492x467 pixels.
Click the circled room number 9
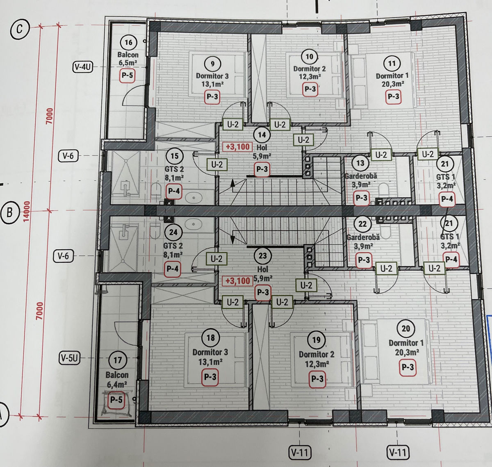(212, 64)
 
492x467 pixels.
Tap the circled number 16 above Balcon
(128, 43)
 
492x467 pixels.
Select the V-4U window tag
(82, 67)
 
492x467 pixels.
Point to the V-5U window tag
(70, 358)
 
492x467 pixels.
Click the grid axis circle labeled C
(20, 29)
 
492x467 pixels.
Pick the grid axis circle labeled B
(10, 212)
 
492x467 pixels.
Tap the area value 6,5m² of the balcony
(128, 63)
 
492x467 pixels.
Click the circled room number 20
(405, 328)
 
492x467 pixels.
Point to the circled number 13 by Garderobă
(360, 163)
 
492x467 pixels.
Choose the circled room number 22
(362, 224)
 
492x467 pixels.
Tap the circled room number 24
(173, 232)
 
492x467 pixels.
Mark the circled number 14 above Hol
(262, 135)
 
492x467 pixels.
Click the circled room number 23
(262, 256)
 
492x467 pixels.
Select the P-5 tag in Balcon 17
(116, 399)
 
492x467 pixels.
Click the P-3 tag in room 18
(210, 377)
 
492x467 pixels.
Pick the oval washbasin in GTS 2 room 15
(194, 198)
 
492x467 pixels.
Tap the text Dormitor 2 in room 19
(317, 354)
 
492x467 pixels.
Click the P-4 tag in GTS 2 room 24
(173, 269)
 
